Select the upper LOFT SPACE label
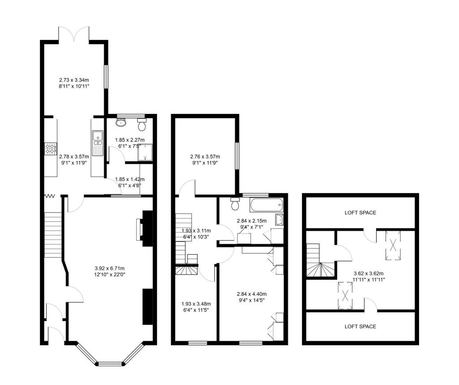pyautogui.click(x=360, y=212)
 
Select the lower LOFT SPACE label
pyautogui.click(x=360, y=326)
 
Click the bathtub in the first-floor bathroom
pyautogui.click(x=267, y=206)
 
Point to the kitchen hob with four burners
pyautogui.click(x=50, y=148)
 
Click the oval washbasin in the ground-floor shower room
pyautogui.click(x=121, y=121)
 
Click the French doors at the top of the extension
pyautogui.click(x=74, y=34)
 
